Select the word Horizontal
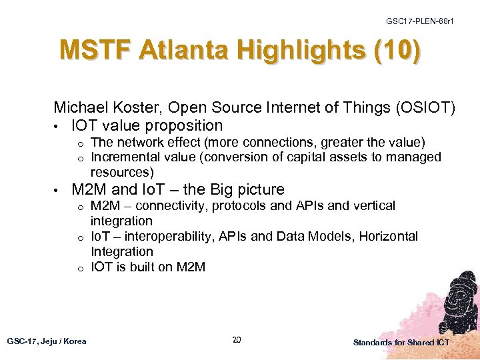click(389, 237)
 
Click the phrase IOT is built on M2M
click(148, 267)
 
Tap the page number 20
click(236, 341)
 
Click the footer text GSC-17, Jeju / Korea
click(47, 341)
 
